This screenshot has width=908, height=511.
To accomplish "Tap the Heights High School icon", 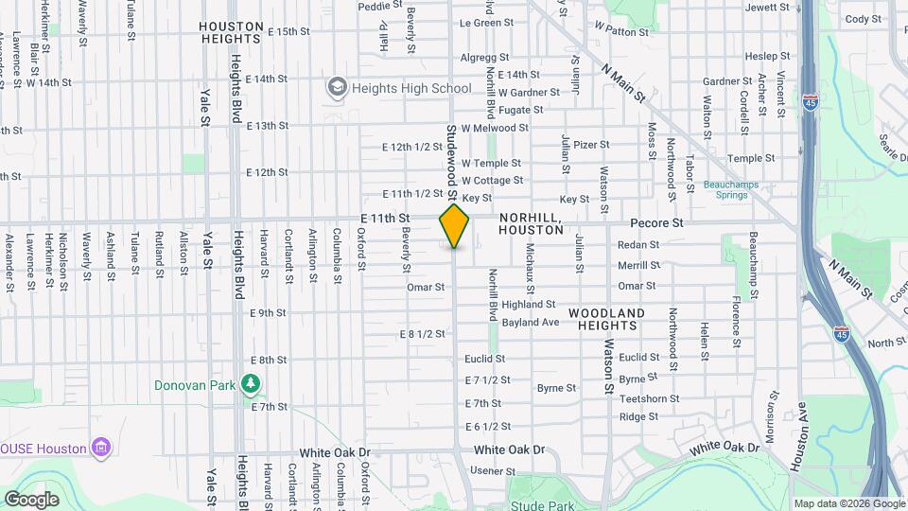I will point(336,89).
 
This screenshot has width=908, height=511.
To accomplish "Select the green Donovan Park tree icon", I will point(251,384).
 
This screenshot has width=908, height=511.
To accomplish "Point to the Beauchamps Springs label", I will point(725,189).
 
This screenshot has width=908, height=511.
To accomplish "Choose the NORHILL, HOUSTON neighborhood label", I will point(531,223).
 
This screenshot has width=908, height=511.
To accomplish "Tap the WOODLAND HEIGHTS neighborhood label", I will point(607,318).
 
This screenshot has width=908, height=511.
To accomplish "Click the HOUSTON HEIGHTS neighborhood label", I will point(231,32).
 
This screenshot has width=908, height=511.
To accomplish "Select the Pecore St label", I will point(657,223).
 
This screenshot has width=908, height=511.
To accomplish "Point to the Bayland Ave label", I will point(531,322).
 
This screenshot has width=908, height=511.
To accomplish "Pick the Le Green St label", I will point(486,23).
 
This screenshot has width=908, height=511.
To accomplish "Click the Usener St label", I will point(486,470).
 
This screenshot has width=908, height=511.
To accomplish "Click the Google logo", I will point(31,499).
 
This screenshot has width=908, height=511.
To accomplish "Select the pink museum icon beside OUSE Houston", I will point(102,447).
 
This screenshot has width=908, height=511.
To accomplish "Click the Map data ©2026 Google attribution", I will point(848,503).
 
